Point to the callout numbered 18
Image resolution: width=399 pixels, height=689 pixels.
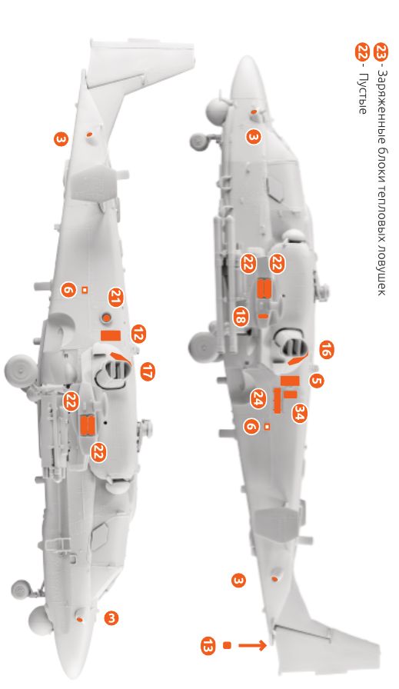click(x=240, y=315)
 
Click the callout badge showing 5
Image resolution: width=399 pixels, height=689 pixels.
click(x=316, y=379)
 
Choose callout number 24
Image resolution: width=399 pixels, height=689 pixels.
click(x=258, y=398)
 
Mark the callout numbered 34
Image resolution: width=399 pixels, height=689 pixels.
click(x=299, y=413)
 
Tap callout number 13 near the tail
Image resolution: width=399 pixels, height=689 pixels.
click(x=207, y=645)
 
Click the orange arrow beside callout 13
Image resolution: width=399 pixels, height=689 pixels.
click(x=254, y=645)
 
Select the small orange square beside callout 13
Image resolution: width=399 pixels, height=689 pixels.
click(x=227, y=645)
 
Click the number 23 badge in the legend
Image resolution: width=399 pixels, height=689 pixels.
click(x=381, y=52)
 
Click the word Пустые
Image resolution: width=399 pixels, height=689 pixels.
click(x=361, y=96)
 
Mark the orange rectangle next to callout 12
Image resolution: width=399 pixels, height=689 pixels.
click(x=111, y=335)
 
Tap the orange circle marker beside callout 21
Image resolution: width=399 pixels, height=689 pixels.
click(x=107, y=317)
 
